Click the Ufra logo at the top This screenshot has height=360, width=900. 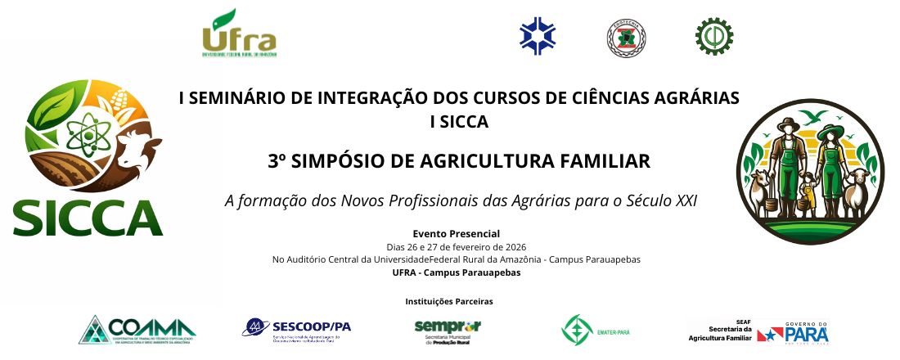[239, 34]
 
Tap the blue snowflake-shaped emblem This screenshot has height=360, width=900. [538, 34]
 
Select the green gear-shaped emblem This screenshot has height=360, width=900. [713, 34]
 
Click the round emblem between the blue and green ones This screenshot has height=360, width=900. [626, 35]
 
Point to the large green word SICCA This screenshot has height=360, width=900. [88, 217]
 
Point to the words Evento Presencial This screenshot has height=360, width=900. [456, 234]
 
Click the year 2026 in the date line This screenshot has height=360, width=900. [514, 247]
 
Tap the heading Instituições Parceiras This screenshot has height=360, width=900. [449, 301]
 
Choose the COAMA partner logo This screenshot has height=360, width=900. [137, 330]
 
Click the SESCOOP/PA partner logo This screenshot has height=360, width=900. [296, 329]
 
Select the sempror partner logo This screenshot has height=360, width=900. [448, 330]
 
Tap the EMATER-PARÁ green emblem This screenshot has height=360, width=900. [578, 330]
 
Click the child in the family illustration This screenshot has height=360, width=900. [808, 190]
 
